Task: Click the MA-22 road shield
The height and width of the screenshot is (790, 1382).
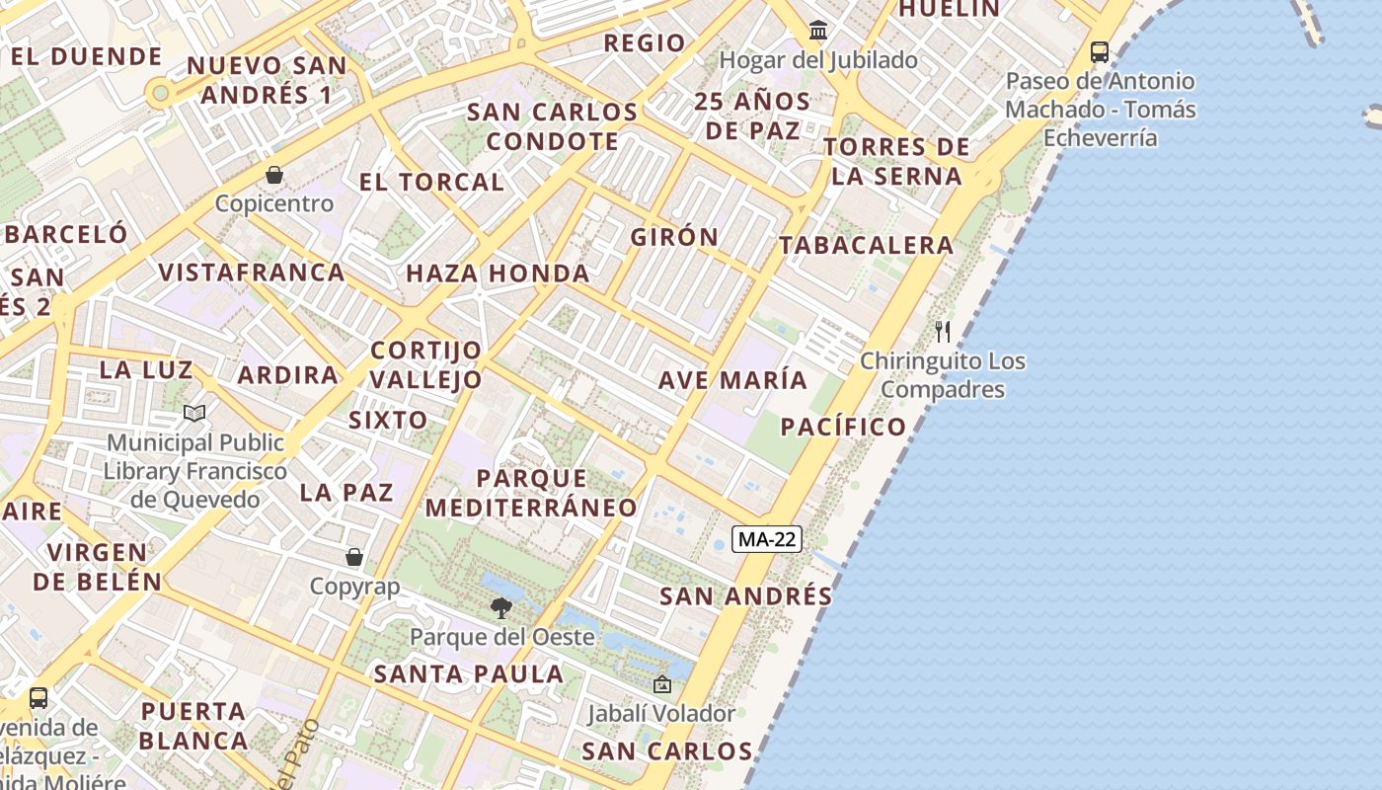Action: (767, 539)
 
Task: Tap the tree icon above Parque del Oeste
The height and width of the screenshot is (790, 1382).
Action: (501, 607)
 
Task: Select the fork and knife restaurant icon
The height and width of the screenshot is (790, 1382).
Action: (943, 332)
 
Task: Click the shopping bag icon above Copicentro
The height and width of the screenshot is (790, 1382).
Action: (274, 175)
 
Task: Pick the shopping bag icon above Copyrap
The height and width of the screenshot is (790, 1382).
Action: (354, 557)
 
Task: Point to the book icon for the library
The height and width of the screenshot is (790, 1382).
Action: (194, 413)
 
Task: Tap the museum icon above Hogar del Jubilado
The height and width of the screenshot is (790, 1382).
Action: (818, 31)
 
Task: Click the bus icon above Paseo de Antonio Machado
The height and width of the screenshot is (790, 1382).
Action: (1100, 51)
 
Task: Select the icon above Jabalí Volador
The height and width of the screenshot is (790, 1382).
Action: (661, 683)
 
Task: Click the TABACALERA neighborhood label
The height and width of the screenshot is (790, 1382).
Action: (867, 245)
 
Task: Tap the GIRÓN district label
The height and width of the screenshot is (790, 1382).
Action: (675, 237)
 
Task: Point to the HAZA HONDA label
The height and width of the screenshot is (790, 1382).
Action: (498, 273)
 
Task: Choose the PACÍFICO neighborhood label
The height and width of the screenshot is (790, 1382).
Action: (843, 427)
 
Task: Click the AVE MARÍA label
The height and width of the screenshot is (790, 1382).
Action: (732, 380)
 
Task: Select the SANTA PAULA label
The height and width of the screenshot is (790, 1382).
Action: (469, 674)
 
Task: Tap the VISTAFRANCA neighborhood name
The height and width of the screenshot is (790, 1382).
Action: (252, 272)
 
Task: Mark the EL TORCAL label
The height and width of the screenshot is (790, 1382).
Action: (431, 182)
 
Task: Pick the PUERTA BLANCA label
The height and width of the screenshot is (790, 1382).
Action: (193, 726)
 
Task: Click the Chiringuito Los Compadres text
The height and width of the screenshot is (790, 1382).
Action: (943, 375)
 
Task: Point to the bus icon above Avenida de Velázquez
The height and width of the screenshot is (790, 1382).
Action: (38, 698)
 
